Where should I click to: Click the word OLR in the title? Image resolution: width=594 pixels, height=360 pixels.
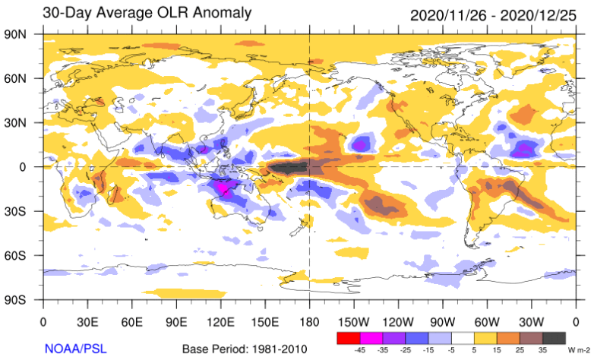[x=119, y=14]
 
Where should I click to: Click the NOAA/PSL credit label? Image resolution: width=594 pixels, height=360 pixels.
[x=74, y=349]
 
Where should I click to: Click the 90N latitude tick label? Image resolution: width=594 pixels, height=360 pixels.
[x=16, y=33]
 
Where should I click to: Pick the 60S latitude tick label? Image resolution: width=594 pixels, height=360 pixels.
[x=16, y=256]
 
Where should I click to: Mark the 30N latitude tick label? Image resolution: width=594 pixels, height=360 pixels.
[x=16, y=122]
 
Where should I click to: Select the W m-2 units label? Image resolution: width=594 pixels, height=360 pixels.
[x=577, y=351]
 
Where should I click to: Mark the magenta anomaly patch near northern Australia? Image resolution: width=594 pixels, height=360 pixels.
[x=225, y=187]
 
